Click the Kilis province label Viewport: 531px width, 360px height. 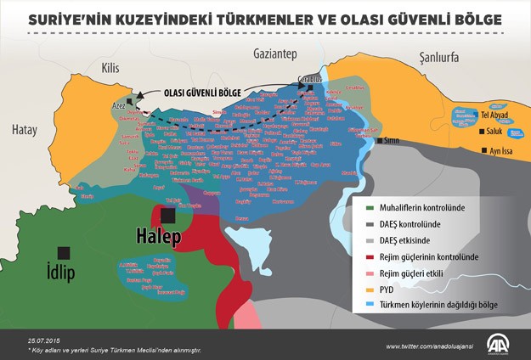coord(111,67)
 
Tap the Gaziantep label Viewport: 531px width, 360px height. coord(274,54)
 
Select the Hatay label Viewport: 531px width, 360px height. coord(25,130)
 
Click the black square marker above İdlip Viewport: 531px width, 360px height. coord(62,252)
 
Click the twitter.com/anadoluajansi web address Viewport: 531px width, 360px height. coord(431,346)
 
